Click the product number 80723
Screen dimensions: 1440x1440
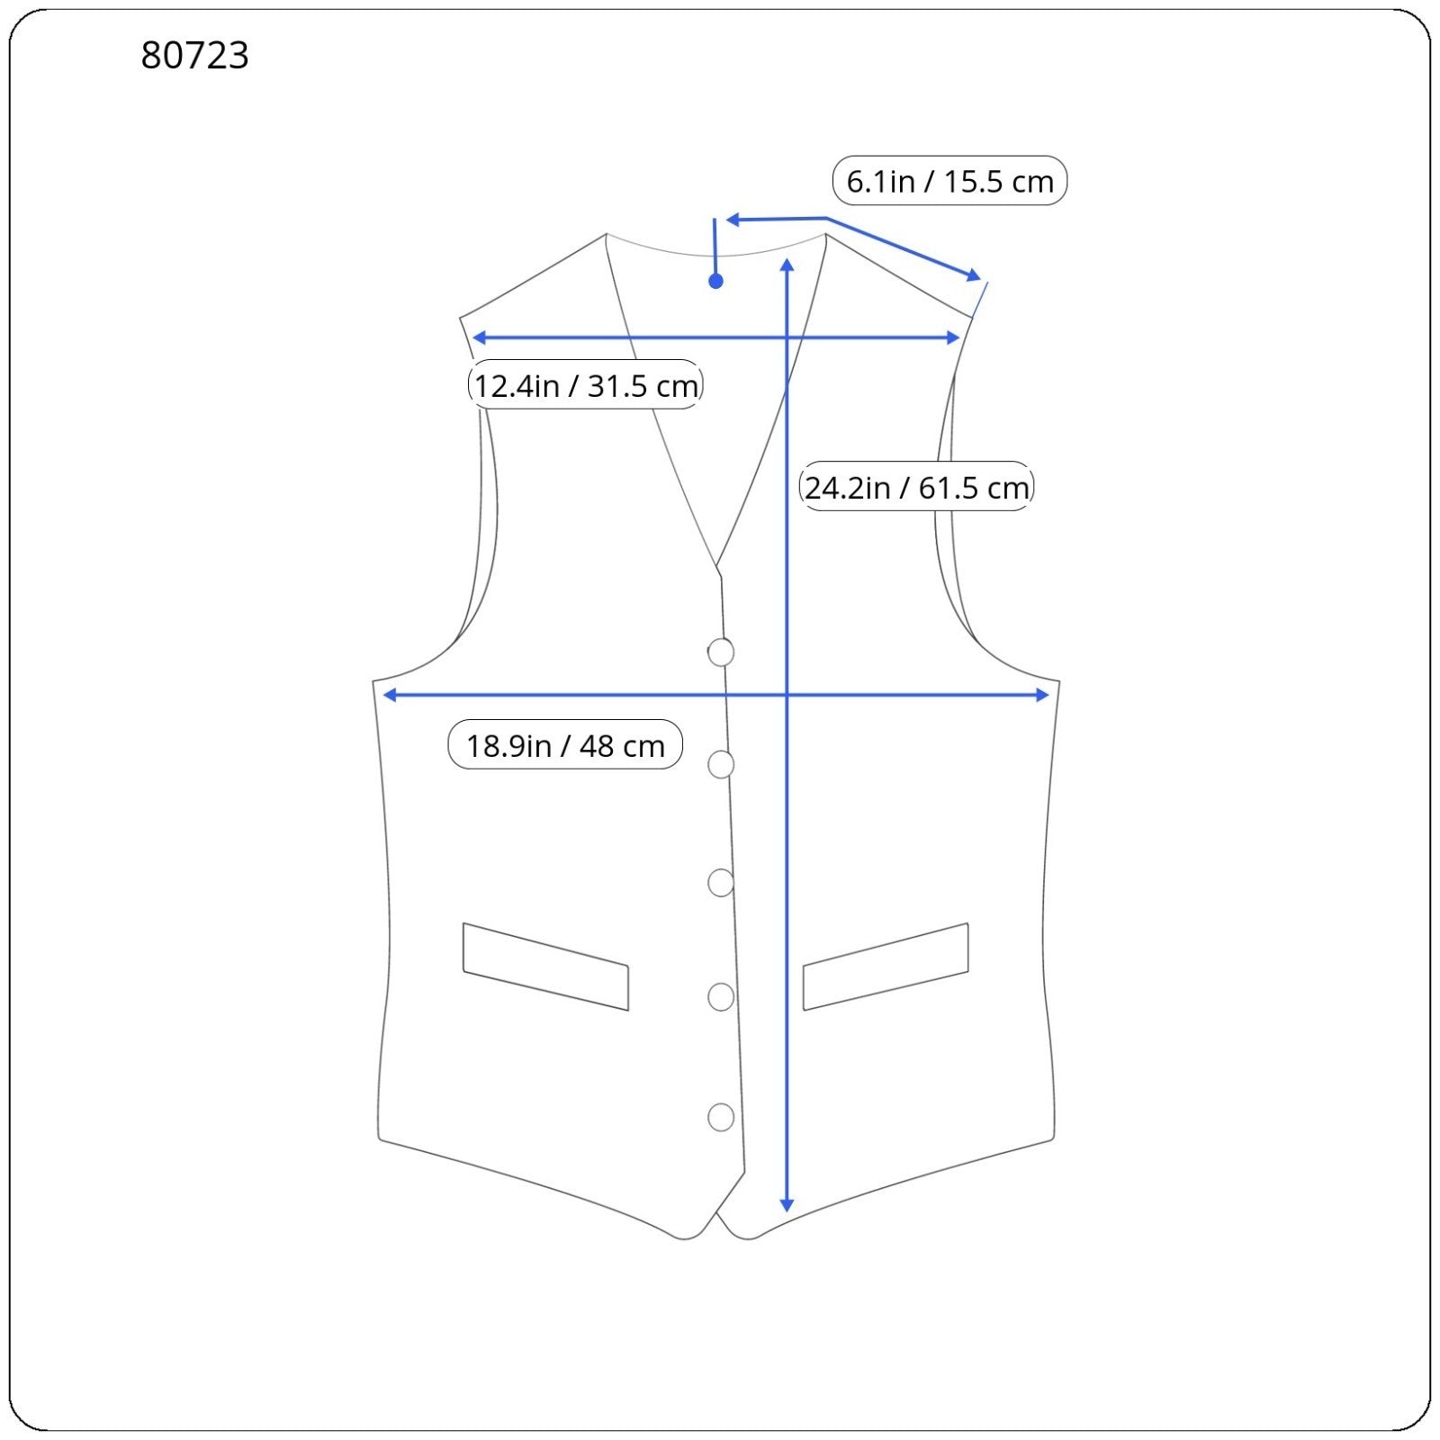[x=194, y=55]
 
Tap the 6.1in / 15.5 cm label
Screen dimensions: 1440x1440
[x=949, y=181]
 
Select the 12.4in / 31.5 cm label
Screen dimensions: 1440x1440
[x=585, y=385]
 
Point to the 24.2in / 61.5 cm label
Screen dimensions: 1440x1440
[x=916, y=487]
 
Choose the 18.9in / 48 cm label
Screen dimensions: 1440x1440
[x=565, y=745]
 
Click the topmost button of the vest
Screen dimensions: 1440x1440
[x=721, y=652]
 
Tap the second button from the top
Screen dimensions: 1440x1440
[x=721, y=764]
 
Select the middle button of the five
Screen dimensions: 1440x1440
[x=721, y=883]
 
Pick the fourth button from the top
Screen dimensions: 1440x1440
[x=721, y=997]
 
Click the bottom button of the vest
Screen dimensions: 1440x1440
[x=721, y=1117]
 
